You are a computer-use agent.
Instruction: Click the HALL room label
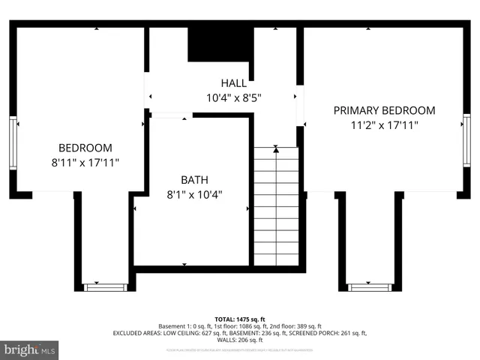coord(234,82)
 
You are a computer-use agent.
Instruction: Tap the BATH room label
coord(194,180)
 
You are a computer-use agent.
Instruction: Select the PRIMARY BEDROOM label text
coord(384,110)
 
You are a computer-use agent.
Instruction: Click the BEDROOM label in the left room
coord(85,148)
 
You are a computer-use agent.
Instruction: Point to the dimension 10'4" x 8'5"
coord(234,97)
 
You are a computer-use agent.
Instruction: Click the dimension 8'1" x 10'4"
coord(194,194)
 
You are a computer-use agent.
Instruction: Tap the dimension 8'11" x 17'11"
coord(85,162)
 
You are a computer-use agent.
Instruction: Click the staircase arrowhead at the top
coord(276,150)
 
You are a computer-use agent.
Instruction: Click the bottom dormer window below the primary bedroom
coord(370,286)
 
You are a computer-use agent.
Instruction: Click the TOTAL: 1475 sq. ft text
coord(240,319)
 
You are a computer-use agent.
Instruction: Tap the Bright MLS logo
coord(30,349)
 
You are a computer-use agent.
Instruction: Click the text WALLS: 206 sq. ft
coord(240,340)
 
